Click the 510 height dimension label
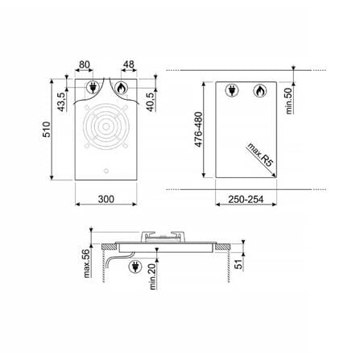[x=47, y=130]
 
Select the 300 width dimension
[x=106, y=199]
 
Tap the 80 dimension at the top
[x=85, y=64]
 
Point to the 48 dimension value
[x=129, y=64]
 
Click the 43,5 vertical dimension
[x=61, y=101]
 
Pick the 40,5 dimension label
[x=151, y=102]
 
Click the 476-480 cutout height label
[x=199, y=130]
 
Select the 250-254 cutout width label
[x=246, y=200]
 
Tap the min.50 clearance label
[x=288, y=101]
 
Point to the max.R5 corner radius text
[x=260, y=155]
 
